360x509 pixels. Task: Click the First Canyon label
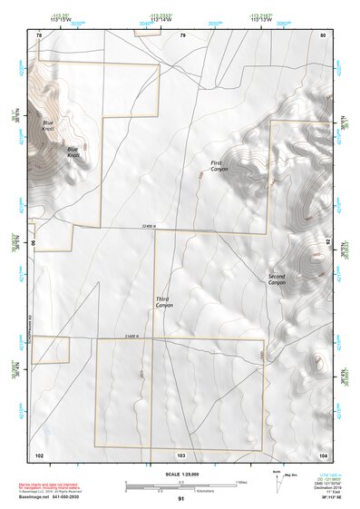coord(220,166)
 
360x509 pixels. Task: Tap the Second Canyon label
coord(277,279)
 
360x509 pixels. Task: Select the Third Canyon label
coord(163,302)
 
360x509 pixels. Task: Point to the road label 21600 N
coord(136,336)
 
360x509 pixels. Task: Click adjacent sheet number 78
coord(39,34)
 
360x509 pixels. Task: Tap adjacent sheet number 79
coord(182,34)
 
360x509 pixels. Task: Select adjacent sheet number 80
coord(322,34)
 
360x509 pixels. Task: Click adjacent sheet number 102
coord(39,454)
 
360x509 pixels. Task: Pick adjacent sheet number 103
coord(181,454)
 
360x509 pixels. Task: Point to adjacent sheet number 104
coord(322,454)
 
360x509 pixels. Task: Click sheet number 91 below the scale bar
coord(181,499)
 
